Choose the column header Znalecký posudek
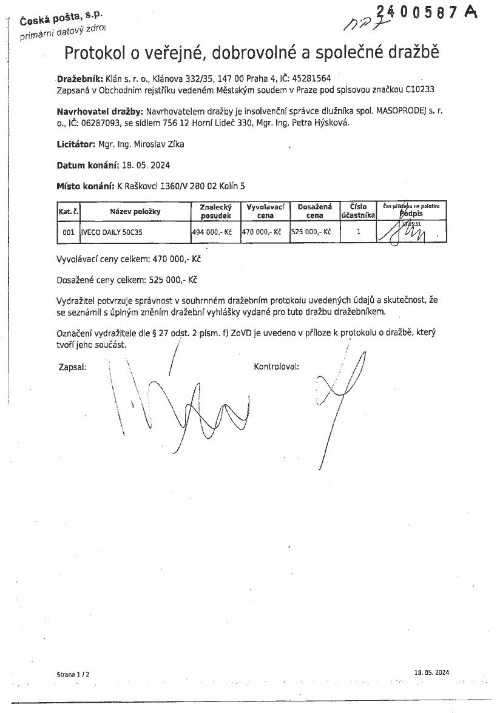(x=215, y=211)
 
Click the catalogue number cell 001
(x=69, y=232)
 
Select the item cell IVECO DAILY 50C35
(x=112, y=232)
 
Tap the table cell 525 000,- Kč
(x=311, y=232)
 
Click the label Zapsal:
(x=72, y=367)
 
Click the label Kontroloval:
(x=276, y=367)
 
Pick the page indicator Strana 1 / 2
(x=73, y=674)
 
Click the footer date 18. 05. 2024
(x=431, y=672)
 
